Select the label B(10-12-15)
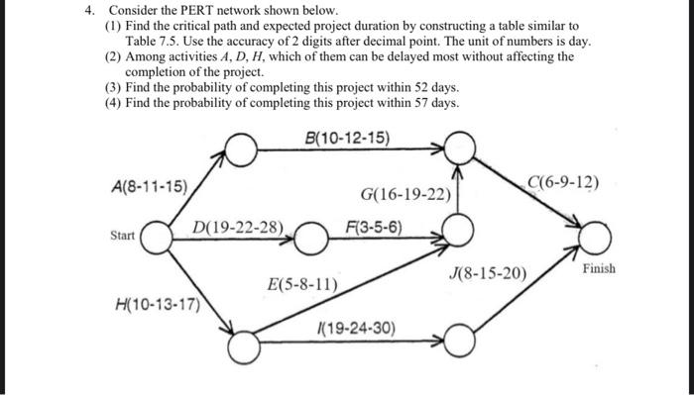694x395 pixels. click(348, 137)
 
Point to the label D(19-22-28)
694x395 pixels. click(238, 228)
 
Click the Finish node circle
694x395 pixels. click(596, 238)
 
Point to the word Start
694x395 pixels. click(123, 236)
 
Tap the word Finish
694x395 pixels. click(598, 268)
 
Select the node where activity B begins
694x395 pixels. click(242, 149)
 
